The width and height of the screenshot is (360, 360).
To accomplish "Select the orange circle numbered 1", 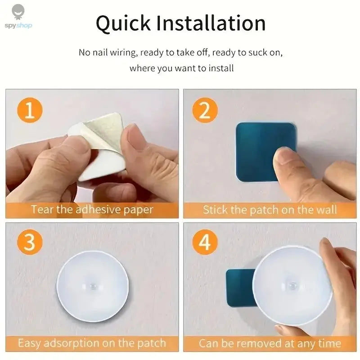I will [x=30, y=110].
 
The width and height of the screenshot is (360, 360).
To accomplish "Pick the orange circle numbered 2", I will [x=205, y=110].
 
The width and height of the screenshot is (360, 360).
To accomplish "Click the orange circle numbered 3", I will [x=30, y=243].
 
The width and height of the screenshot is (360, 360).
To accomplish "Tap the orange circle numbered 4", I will [x=205, y=243].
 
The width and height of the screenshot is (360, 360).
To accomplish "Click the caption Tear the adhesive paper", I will [x=92, y=210].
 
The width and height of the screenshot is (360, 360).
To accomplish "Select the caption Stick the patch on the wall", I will [x=270, y=210].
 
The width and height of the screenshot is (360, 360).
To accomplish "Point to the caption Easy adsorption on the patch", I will [x=92, y=343].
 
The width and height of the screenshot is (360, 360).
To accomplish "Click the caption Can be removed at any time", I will [x=270, y=343].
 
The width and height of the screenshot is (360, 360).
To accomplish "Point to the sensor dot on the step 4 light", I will [x=291, y=285].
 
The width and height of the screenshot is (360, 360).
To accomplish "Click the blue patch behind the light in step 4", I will [x=238, y=288].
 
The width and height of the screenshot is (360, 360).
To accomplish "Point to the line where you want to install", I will [x=182, y=69].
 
